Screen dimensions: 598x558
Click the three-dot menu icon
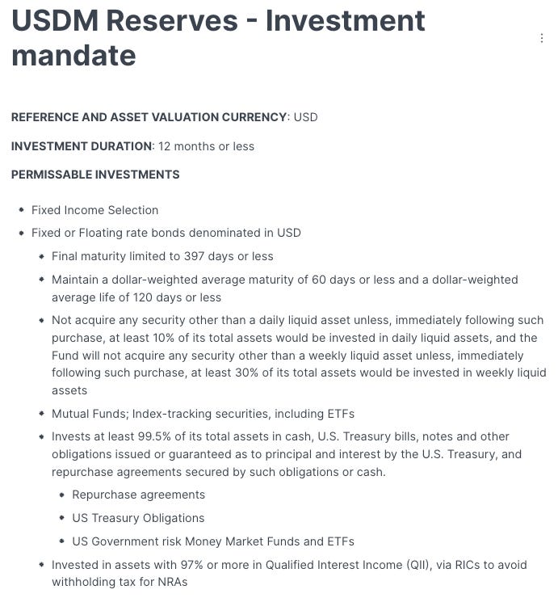[541, 38]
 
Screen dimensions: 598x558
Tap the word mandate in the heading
[73, 55]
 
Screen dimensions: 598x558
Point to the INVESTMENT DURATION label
[82, 146]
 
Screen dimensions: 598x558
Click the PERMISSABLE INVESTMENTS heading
[95, 175]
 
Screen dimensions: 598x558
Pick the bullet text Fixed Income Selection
[94, 210]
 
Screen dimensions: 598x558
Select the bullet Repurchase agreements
[138, 495]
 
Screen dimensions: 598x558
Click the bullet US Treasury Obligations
[138, 518]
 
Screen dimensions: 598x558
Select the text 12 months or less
[206, 146]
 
